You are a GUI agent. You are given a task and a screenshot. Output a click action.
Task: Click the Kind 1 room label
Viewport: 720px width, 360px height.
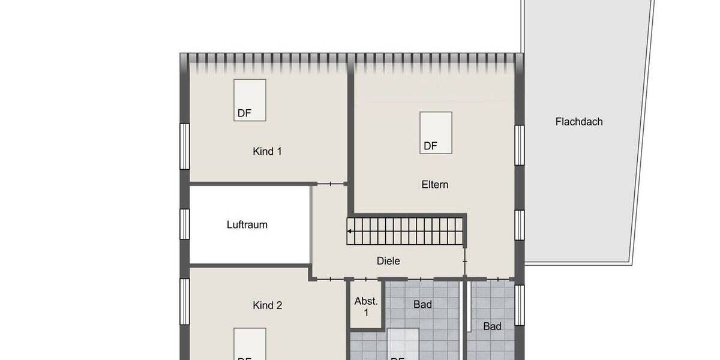(267, 151)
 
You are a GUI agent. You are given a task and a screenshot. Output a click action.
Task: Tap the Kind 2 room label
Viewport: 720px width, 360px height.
(267, 305)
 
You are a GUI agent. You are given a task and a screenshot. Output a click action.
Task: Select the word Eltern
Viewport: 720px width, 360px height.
(435, 184)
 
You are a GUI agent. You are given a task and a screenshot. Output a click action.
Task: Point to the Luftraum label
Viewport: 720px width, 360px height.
(247, 225)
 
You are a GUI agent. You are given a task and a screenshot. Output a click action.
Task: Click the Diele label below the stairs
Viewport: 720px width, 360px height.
(388, 261)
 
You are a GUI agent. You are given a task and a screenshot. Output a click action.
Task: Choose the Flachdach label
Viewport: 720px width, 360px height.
(579, 121)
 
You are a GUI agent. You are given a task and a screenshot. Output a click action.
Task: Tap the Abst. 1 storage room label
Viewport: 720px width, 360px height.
(366, 307)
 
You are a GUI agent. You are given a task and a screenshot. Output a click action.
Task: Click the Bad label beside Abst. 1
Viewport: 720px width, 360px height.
(422, 305)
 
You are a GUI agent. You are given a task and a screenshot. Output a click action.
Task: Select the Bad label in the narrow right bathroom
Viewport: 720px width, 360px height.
(493, 326)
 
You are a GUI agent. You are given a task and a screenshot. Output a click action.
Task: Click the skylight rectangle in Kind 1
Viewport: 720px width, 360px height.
(250, 100)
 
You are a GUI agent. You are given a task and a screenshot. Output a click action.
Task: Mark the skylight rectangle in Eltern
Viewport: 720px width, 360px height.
(436, 133)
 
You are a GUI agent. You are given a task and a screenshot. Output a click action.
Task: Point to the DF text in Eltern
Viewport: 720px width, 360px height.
(430, 146)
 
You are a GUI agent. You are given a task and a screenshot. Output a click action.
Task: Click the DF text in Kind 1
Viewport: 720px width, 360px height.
(244, 113)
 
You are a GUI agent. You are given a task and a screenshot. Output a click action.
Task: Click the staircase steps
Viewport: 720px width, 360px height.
(408, 231)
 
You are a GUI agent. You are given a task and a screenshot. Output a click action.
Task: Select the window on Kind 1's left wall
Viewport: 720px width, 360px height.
(185, 146)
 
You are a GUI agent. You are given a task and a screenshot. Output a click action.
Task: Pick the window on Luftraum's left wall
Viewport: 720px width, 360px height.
(185, 224)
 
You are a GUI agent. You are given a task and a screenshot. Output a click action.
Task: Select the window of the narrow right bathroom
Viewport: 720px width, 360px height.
(520, 305)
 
